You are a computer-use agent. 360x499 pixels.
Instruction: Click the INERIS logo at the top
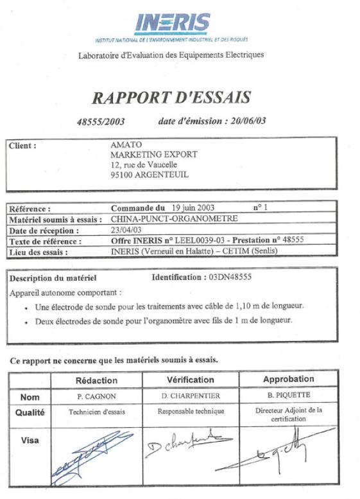172,24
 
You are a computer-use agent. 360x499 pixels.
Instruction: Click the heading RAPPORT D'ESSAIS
171,98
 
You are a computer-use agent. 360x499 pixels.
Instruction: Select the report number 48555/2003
100,121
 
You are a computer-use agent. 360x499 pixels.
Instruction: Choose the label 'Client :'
22,146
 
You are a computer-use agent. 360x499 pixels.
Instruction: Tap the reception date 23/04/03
126,230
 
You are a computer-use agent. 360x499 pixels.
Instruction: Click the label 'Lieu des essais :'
40,252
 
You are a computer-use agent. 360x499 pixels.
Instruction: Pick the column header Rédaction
97,381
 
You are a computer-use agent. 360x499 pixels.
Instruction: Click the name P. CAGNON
96,397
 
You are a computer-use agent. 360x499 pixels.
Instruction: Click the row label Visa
30,440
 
